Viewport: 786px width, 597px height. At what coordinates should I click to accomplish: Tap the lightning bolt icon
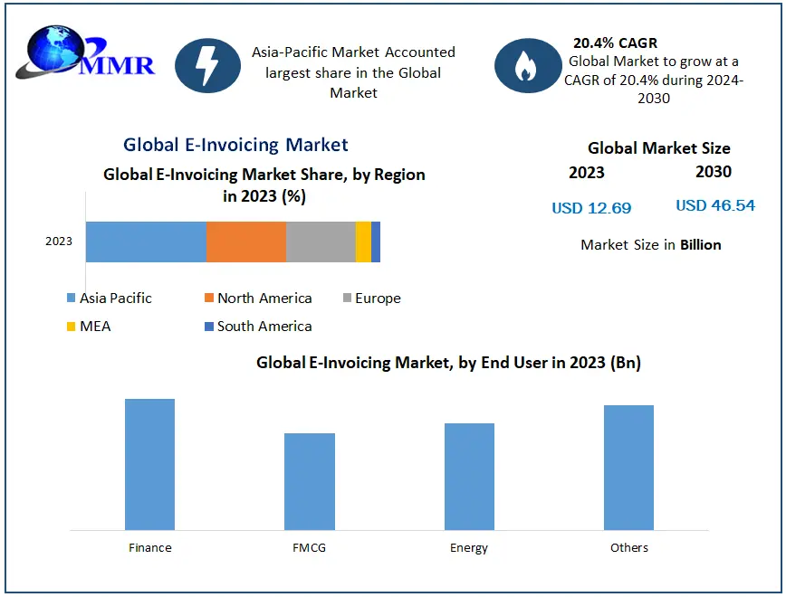coord(207,65)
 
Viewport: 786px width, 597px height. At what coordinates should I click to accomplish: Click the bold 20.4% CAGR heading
coord(615,43)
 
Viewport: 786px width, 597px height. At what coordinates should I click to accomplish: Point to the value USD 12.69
coord(591,208)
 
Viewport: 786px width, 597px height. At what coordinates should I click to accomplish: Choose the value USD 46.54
coord(714,205)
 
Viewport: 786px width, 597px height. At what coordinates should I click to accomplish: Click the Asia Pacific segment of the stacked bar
coord(146,242)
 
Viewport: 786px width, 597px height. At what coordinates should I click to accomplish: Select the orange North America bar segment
coord(246,242)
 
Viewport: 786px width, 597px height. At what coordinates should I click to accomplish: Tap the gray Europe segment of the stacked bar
coord(321,242)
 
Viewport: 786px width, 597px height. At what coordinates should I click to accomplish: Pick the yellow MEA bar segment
coord(363,242)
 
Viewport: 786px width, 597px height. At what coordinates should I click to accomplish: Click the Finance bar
coord(149,464)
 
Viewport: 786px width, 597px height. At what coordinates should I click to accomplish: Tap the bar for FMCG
coord(310,481)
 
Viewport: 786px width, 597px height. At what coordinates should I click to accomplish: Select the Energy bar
coord(469,476)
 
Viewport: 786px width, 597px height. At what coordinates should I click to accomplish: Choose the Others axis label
coord(628,547)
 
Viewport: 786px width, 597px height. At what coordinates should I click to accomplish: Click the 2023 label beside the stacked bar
coord(59,242)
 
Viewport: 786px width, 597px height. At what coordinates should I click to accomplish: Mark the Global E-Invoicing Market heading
coord(235,145)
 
